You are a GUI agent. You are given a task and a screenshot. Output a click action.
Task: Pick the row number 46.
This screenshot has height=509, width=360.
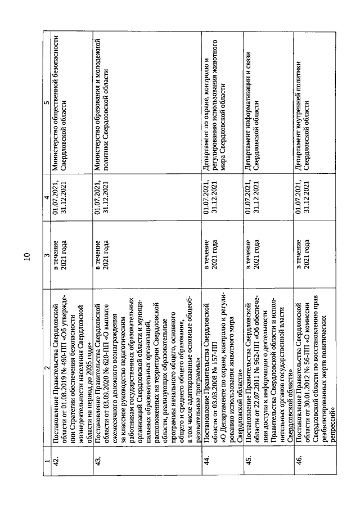[x=300, y=463]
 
